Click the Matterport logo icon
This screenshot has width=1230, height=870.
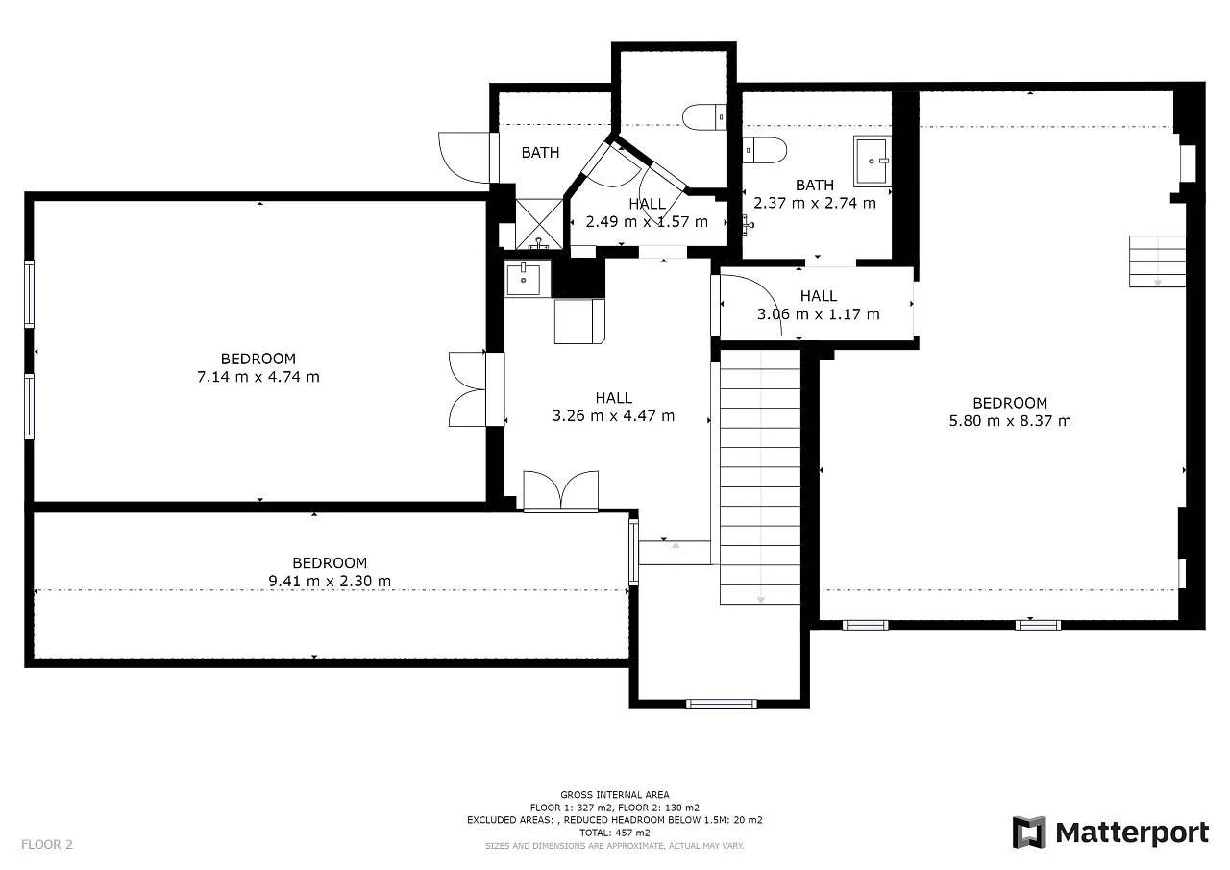1029,833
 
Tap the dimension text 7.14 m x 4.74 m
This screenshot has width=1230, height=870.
258,377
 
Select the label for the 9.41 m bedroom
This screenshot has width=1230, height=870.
330,563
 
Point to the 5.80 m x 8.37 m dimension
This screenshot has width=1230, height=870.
1010,421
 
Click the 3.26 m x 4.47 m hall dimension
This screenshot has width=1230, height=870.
613,416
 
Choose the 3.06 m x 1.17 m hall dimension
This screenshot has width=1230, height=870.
818,314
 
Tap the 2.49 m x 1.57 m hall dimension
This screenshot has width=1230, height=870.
647,222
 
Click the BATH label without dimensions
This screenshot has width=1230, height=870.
540,152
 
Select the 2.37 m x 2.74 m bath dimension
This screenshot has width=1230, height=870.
814,203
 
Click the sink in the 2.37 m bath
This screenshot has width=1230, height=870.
872,161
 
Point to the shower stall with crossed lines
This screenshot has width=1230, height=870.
539,224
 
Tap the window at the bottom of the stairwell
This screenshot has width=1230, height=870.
721,704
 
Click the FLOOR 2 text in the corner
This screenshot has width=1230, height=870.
47,844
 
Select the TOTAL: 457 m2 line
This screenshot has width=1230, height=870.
614,833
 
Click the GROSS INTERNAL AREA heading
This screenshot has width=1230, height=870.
614,795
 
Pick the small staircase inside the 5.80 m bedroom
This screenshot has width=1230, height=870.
1157,261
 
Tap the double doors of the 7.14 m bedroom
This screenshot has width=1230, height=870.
467,389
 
